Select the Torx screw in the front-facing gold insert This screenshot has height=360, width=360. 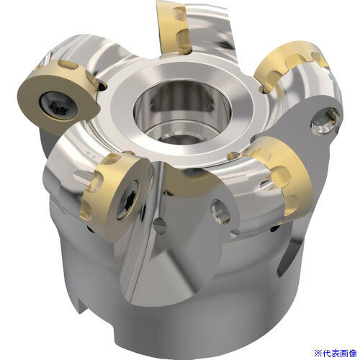(x=127, y=200)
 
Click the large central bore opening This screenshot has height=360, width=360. (x=182, y=113)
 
